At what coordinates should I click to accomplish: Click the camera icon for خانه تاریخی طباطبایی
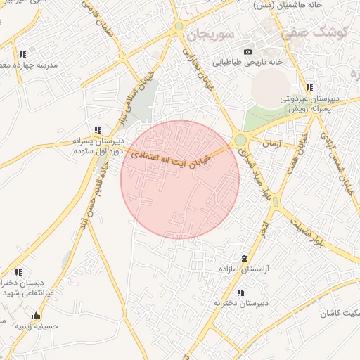click(x=247, y=51)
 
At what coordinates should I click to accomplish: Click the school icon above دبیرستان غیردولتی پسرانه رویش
click(x=309, y=87)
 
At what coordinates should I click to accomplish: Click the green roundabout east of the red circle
click(x=240, y=140)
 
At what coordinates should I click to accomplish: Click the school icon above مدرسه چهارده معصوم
click(x=23, y=53)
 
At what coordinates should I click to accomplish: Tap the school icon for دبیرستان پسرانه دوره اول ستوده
click(x=98, y=129)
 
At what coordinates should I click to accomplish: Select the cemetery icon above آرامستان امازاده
click(x=244, y=259)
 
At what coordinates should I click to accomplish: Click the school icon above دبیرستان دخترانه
click(x=240, y=292)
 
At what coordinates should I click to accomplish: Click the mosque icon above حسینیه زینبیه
click(x=36, y=315)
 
